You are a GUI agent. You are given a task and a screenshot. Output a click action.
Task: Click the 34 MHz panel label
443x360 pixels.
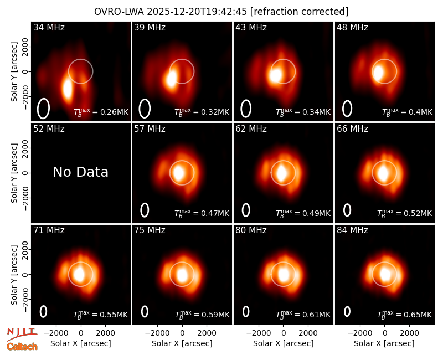coord(49,27)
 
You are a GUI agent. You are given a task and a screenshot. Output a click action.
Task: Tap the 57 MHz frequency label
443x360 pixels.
coord(150,129)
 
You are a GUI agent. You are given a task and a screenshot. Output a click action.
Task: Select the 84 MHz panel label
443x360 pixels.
coord(352,230)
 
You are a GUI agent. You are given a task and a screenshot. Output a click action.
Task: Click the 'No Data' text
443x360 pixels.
coord(80,172)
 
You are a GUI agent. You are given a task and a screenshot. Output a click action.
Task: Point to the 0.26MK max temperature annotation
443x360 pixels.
coord(101,112)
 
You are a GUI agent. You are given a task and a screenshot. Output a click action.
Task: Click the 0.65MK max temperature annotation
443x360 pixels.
coord(405,314)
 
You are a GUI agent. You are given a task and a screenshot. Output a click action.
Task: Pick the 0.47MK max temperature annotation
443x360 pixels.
coord(202,213)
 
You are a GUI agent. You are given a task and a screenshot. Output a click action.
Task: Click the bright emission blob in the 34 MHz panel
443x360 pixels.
coord(67,89)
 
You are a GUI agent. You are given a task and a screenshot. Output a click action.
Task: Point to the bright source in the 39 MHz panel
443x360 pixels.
coord(171,79)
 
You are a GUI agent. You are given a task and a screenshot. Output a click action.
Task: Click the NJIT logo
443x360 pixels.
coord(22,334)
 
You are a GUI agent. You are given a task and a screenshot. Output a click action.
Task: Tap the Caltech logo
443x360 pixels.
coord(22,347)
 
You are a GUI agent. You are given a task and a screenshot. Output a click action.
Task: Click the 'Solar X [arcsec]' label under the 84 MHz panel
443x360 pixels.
coord(384,343)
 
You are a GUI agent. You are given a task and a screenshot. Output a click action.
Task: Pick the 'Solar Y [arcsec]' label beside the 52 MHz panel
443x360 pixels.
coord(14,173)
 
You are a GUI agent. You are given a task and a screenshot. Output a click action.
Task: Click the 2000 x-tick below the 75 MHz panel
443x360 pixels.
coord(207,333)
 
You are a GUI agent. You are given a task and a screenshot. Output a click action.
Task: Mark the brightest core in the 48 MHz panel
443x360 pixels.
coord(378,73)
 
